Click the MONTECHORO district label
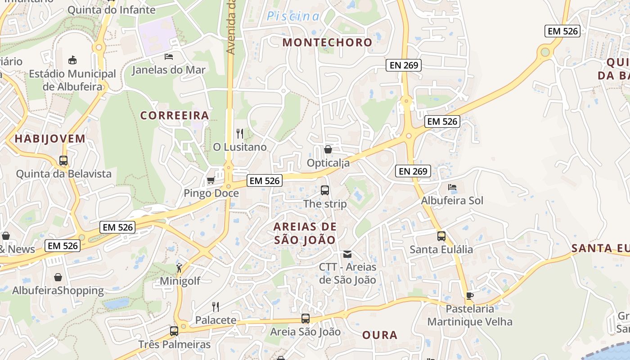327,43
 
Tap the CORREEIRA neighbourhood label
175,116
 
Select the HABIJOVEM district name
50,139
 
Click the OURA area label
380,335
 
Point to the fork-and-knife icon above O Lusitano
240,134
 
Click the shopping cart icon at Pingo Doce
211,180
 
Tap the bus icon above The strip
325,190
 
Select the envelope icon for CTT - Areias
347,254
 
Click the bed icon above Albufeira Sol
452,187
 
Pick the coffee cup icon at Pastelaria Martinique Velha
470,296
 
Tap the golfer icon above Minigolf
180,268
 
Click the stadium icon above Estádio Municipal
72,60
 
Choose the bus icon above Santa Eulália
441,236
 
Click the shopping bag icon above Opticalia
328,149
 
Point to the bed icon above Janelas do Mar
169,57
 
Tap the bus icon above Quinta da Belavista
63,161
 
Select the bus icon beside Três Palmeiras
174,332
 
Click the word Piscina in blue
293,17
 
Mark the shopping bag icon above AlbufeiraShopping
58,277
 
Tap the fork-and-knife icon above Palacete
216,307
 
